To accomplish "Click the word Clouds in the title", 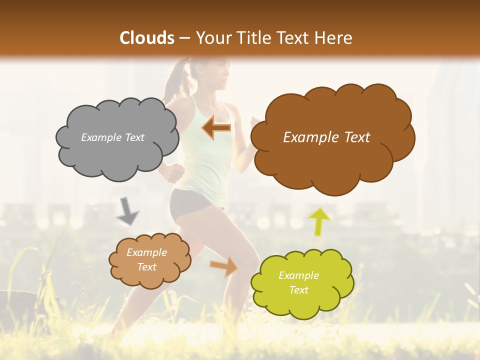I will click(147, 38).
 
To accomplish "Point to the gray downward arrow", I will click(127, 212).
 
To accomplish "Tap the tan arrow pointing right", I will click(224, 266).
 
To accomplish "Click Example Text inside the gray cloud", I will click(112, 137).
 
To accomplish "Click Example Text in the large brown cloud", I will click(326, 137).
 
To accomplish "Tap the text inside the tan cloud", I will click(146, 260).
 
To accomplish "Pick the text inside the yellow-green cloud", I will click(298, 283).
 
